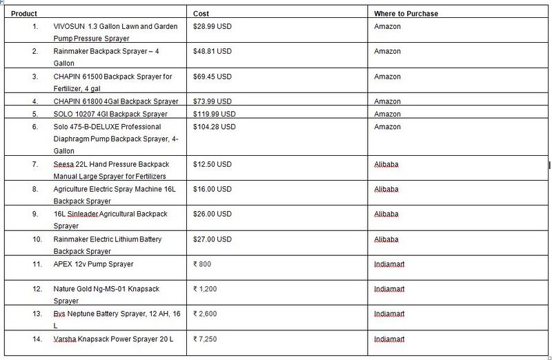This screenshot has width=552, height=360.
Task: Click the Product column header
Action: [x=24, y=14]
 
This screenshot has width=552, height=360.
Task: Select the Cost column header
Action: [x=201, y=14]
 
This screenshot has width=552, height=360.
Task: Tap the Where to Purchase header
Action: [x=406, y=14]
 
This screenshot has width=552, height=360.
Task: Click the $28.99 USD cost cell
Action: [x=213, y=26]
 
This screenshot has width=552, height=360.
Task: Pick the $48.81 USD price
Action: [x=213, y=51]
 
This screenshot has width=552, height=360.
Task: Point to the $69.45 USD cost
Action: [x=213, y=77]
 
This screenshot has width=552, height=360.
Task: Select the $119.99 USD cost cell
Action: [x=215, y=114]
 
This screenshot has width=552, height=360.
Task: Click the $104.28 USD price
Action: [x=215, y=127]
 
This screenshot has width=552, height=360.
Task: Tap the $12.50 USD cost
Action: [x=213, y=164]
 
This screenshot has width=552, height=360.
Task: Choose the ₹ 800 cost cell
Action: [x=203, y=264]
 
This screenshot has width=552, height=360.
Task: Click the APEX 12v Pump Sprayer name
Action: [x=93, y=264]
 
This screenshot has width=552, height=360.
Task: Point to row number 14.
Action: [x=37, y=339]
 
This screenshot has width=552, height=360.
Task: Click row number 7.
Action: [x=35, y=164]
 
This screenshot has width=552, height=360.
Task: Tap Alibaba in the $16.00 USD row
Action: [x=386, y=189]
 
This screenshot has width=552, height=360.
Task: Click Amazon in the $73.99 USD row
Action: [x=387, y=101]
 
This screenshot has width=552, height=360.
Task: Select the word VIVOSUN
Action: [x=68, y=26]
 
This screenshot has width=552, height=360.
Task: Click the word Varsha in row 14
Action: [x=64, y=339]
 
